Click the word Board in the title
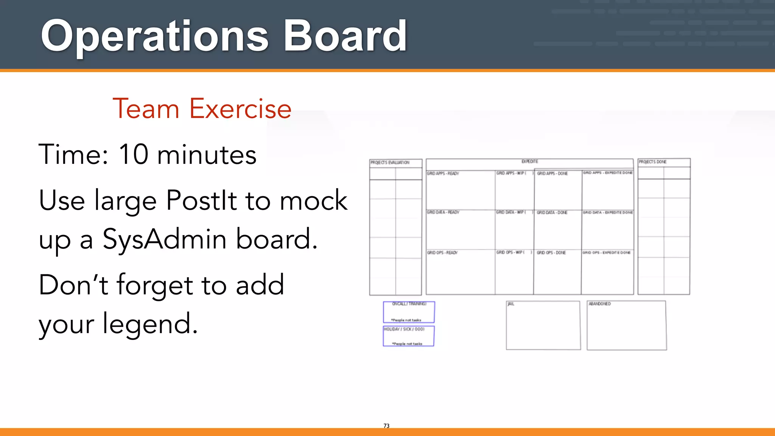click(x=345, y=37)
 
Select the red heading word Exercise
click(x=240, y=109)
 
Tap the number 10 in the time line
click(x=134, y=154)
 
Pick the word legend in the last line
click(x=150, y=324)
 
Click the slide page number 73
click(x=386, y=426)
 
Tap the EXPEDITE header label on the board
click(x=529, y=162)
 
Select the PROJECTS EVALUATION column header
click(x=390, y=163)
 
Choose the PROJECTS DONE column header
click(x=653, y=162)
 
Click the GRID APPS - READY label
click(x=443, y=174)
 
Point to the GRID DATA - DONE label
click(x=552, y=213)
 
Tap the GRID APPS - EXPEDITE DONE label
click(x=607, y=173)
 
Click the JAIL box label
click(x=511, y=304)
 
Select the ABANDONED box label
click(x=599, y=304)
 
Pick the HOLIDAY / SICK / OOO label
click(x=404, y=329)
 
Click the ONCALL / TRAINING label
click(x=409, y=304)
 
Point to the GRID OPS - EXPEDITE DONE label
click(x=606, y=253)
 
